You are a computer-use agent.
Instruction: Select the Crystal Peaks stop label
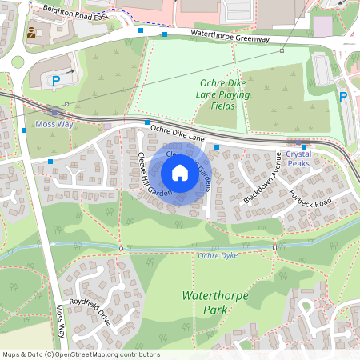(298, 158)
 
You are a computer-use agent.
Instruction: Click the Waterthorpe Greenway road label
(230, 37)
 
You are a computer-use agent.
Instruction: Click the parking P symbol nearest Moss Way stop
(56, 80)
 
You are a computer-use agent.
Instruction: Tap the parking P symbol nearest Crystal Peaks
(343, 97)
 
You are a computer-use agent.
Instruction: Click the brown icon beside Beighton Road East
(31, 34)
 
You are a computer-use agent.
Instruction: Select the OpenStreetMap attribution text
(80, 354)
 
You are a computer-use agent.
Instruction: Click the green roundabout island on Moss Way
(17, 62)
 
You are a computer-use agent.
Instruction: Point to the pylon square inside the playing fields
(282, 50)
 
